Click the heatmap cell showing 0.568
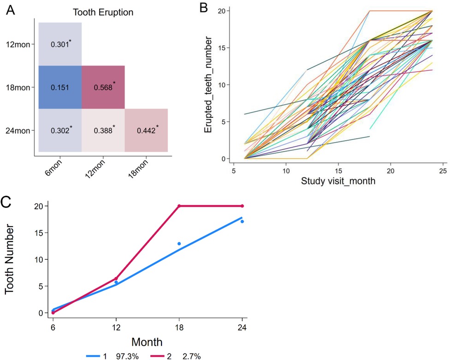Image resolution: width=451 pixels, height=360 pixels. pyautogui.click(x=103, y=87)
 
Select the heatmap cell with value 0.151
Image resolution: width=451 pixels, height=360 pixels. pyautogui.click(x=60, y=87)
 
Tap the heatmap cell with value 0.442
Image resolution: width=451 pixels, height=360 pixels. pyautogui.click(x=146, y=131)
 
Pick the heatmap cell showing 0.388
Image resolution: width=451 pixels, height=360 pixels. pyautogui.click(x=103, y=131)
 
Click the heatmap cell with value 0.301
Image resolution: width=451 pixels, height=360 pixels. pyautogui.click(x=60, y=44)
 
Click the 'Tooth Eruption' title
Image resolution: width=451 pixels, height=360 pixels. pyautogui.click(x=104, y=12)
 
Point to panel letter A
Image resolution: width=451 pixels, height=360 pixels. pyautogui.click(x=10, y=12)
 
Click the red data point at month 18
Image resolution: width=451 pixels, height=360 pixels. pyautogui.click(x=179, y=206)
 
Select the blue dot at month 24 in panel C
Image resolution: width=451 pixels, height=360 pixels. pyautogui.click(x=242, y=222)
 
